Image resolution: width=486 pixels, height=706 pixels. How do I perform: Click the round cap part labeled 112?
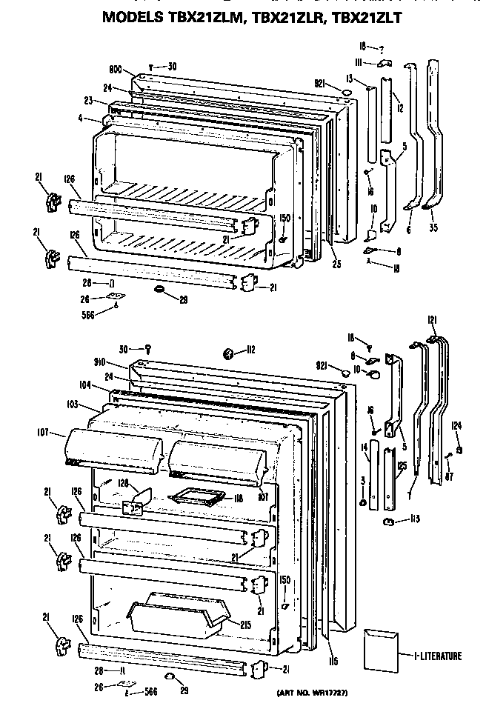click(228, 351)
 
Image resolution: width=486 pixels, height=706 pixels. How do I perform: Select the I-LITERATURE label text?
click(436, 656)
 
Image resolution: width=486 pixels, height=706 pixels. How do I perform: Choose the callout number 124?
click(458, 425)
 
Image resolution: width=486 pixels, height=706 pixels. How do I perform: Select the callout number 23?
click(87, 101)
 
